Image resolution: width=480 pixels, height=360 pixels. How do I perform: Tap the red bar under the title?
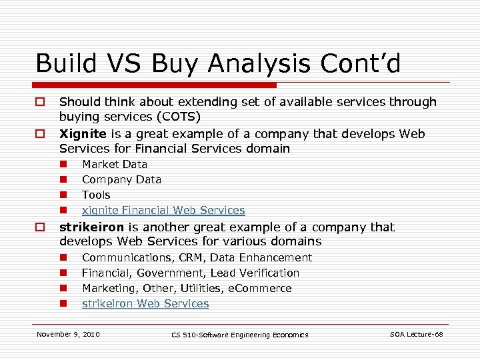(x=156, y=85)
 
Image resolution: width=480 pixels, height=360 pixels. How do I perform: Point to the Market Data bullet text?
(x=115, y=164)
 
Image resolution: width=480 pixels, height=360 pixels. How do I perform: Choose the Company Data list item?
(x=121, y=179)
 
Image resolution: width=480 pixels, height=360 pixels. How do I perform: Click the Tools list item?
(x=96, y=195)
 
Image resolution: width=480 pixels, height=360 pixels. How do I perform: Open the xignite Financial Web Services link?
(x=163, y=210)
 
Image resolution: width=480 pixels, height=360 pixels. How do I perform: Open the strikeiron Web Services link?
(x=145, y=303)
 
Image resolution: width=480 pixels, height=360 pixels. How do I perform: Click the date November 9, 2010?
(x=68, y=334)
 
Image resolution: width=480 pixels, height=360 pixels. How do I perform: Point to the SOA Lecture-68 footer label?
(x=417, y=334)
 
